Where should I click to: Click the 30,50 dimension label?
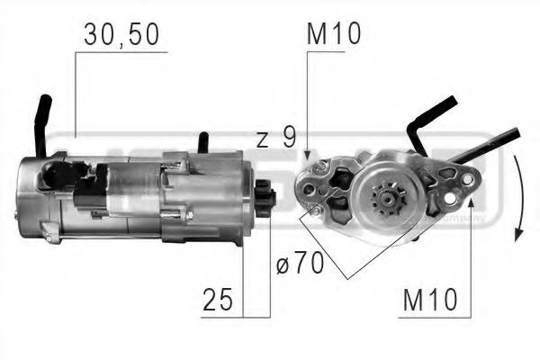point(121,35)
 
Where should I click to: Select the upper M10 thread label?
point(335,35)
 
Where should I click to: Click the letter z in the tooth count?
point(262,140)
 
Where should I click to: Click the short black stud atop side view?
point(204,142)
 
